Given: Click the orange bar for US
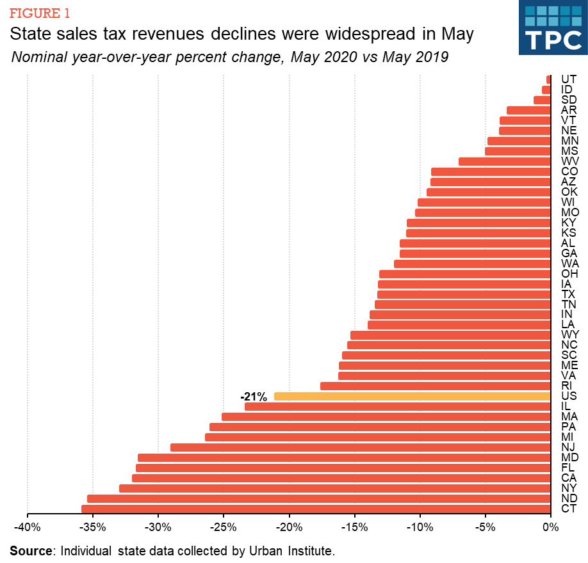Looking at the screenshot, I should pos(412,397).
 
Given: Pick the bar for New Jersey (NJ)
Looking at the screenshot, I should pos(360,448).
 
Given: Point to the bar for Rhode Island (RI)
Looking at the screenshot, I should pos(435,386).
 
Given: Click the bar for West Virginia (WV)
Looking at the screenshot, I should pos(504,161).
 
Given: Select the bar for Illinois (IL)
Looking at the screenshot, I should pos(397,407).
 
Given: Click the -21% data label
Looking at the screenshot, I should pos(254,397).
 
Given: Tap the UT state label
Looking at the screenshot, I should pos(568,79).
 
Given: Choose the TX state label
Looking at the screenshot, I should pos(568,294).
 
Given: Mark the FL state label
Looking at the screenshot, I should pos(568,468).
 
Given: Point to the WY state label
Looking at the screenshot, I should pos(569,335).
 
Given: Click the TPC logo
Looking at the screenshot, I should pos(553,28).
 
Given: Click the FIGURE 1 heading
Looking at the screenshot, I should pos(40,13).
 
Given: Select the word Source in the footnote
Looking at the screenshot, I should pos(31,550).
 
